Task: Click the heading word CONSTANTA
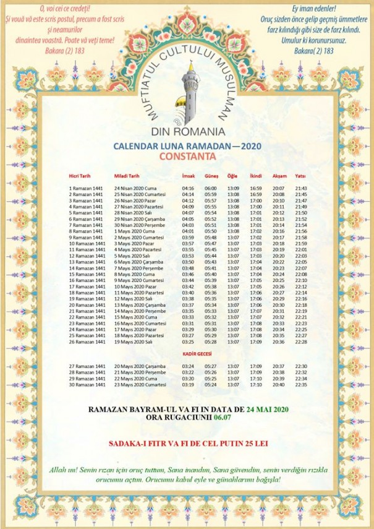click(x=187, y=157)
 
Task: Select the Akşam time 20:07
click(x=278, y=187)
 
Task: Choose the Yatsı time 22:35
click(x=301, y=384)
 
